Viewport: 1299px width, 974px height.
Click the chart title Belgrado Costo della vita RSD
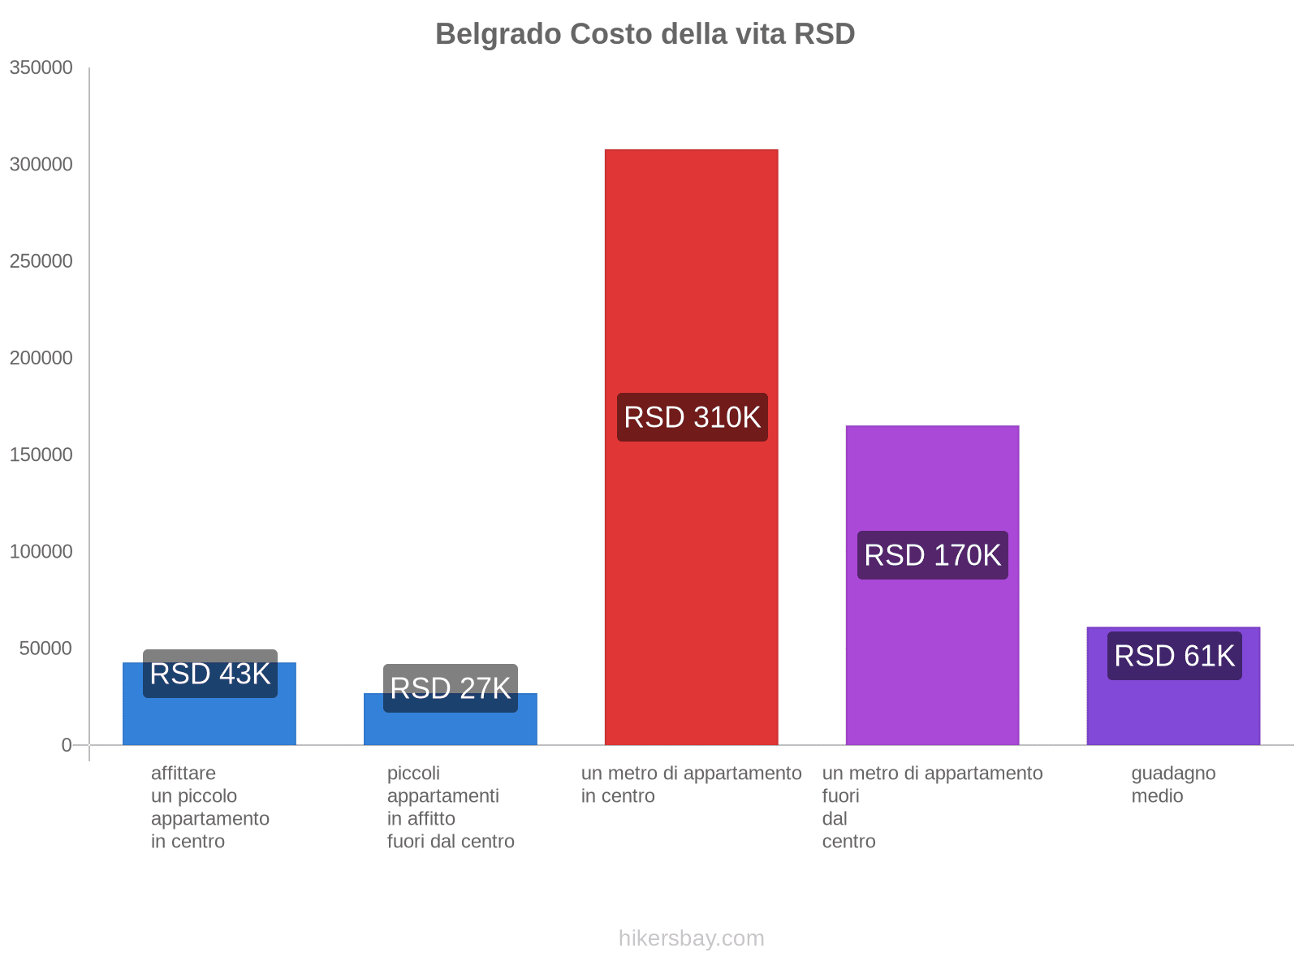point(645,34)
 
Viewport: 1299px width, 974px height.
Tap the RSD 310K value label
point(692,417)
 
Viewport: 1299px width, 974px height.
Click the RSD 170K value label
point(932,555)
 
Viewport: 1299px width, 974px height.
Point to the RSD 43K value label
point(209,674)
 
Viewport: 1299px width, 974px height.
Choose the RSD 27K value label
point(450,688)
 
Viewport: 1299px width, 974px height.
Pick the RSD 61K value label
point(1174,656)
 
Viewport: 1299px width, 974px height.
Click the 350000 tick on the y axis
point(41,68)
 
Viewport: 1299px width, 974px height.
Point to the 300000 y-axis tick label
point(41,165)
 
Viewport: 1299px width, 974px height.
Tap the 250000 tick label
point(41,261)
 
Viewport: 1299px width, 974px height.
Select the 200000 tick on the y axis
point(41,358)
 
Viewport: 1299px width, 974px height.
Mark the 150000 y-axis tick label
point(41,455)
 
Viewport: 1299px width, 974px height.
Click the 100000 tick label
point(41,552)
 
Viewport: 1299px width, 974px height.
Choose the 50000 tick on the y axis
point(45,649)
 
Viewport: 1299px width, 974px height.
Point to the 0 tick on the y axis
point(67,745)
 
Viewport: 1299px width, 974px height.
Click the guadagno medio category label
point(1173,785)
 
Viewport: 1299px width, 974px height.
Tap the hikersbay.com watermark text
point(691,938)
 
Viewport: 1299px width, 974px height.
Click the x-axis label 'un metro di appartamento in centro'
point(691,785)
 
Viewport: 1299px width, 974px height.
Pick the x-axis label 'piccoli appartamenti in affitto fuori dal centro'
point(451,808)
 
